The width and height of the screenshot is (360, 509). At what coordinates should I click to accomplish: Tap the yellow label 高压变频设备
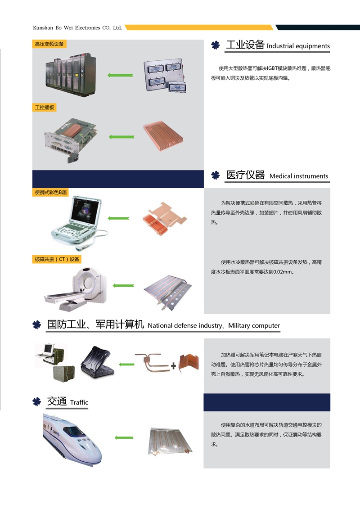tap(49, 44)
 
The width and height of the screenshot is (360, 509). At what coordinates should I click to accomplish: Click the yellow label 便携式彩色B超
tap(51, 192)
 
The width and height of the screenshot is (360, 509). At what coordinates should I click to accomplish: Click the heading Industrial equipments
tap(298, 46)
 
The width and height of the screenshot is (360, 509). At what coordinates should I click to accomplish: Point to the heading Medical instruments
tap(299, 176)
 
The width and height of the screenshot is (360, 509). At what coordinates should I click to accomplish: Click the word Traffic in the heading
tap(79, 402)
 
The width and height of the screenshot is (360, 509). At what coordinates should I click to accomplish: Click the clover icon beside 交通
tap(37, 401)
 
